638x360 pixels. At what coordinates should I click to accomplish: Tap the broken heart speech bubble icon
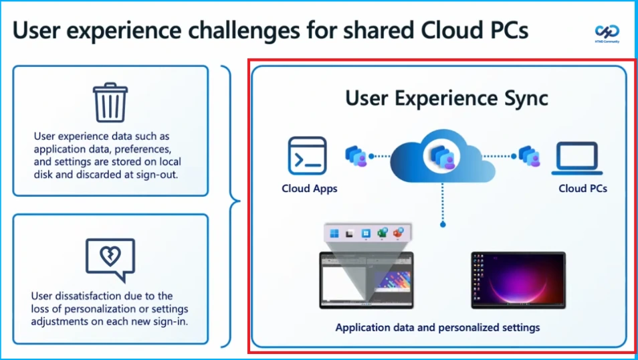[110, 258]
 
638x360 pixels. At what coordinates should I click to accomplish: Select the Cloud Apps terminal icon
[307, 156]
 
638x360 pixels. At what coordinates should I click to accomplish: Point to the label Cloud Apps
[310, 189]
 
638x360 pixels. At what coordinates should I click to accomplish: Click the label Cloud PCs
[582, 189]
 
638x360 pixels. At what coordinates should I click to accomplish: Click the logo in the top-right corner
[607, 32]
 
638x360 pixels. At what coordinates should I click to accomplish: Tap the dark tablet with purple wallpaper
[518, 280]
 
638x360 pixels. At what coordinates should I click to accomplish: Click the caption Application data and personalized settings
[437, 328]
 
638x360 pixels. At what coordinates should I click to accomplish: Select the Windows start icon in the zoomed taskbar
[334, 234]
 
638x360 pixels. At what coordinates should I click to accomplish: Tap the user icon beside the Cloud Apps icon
[356, 157]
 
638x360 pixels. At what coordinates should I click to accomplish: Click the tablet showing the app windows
[366, 280]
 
